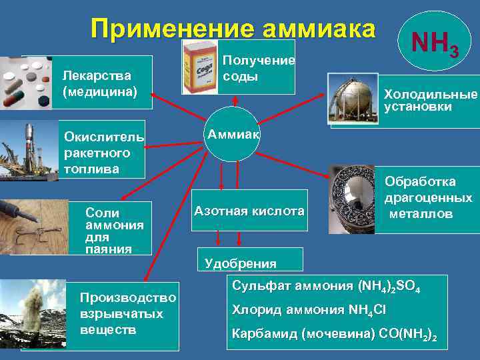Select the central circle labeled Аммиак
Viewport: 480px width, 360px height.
click(x=234, y=134)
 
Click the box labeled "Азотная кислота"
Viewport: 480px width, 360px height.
click(x=248, y=211)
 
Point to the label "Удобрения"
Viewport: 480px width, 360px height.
click(x=231, y=263)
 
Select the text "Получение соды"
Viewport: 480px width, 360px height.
click(x=257, y=68)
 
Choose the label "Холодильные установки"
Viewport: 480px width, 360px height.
click(x=431, y=100)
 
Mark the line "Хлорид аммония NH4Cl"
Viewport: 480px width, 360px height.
click(x=309, y=310)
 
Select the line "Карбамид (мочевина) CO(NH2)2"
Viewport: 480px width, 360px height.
click(x=334, y=334)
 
